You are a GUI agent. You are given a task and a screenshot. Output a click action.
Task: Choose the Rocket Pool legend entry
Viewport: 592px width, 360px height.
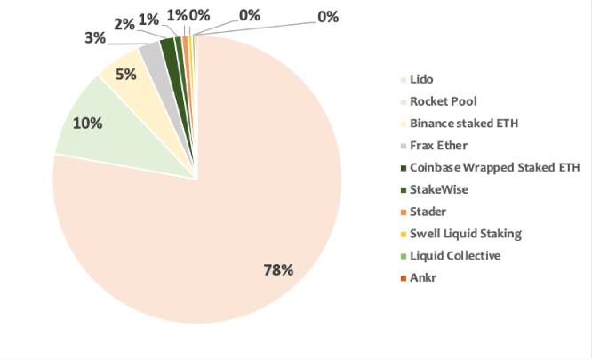(x=443, y=102)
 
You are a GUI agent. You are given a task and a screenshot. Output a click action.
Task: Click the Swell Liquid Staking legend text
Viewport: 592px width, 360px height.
(x=466, y=234)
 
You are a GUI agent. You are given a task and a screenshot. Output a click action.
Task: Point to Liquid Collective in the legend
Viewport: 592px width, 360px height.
(x=455, y=256)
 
